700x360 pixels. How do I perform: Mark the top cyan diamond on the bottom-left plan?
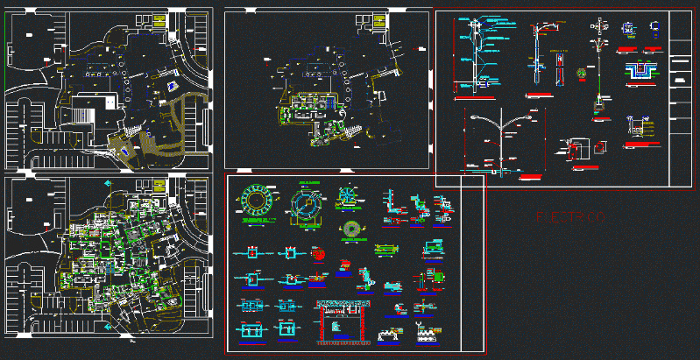point(107,184)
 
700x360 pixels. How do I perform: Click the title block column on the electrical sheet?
point(681,96)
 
